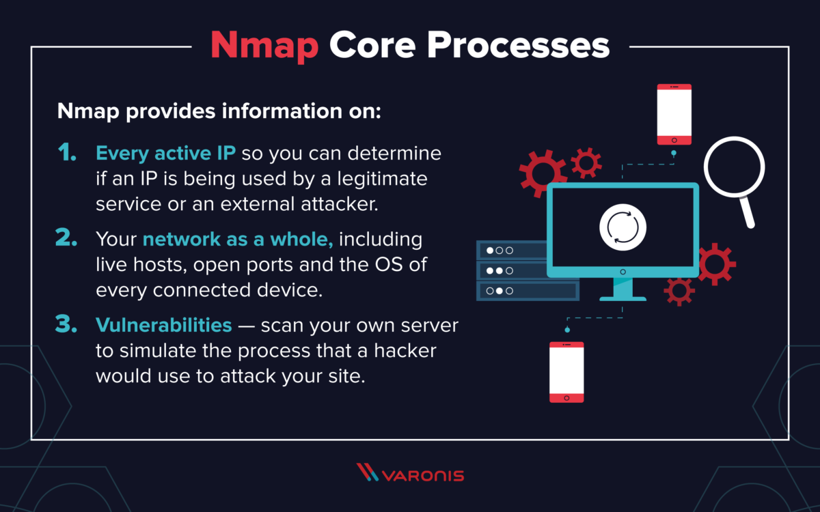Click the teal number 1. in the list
(68, 154)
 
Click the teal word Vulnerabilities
(164, 325)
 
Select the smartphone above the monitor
(674, 115)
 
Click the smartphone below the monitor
(566, 372)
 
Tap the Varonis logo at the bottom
(410, 474)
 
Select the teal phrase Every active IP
(166, 154)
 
